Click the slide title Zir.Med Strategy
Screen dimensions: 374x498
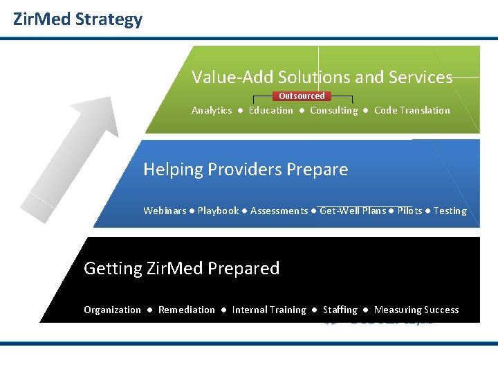(x=77, y=19)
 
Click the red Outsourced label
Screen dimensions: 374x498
(x=302, y=96)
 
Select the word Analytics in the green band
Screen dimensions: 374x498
(x=212, y=111)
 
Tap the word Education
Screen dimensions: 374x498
(x=271, y=111)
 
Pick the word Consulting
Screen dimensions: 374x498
(x=334, y=111)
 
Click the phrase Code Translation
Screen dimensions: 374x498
(x=412, y=111)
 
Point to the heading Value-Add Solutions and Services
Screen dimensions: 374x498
(x=322, y=78)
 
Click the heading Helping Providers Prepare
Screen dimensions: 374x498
(x=246, y=170)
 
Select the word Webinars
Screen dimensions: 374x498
(x=165, y=211)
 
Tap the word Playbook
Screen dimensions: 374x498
(x=218, y=211)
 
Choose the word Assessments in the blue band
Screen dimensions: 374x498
(x=279, y=211)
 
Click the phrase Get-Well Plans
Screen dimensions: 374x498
(x=353, y=211)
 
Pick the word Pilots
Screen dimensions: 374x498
(x=409, y=211)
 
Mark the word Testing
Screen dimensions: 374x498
(x=450, y=211)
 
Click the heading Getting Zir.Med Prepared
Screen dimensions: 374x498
(x=181, y=269)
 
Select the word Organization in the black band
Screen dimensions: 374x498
(x=112, y=310)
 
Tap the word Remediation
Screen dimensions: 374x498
(x=187, y=310)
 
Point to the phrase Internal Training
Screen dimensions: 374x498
(x=269, y=310)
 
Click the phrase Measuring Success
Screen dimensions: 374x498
(x=416, y=310)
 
